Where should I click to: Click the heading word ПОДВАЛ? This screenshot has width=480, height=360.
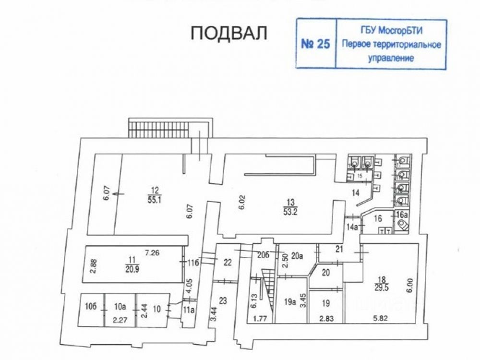(x=229, y=33)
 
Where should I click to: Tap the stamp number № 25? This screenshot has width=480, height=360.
(x=315, y=44)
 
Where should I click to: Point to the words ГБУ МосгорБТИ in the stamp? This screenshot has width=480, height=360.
(x=391, y=31)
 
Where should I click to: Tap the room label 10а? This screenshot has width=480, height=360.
(x=120, y=305)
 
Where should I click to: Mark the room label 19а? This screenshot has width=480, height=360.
(x=289, y=302)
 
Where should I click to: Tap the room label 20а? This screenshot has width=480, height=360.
(x=298, y=256)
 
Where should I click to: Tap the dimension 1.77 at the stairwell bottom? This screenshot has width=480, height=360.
(x=260, y=317)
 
